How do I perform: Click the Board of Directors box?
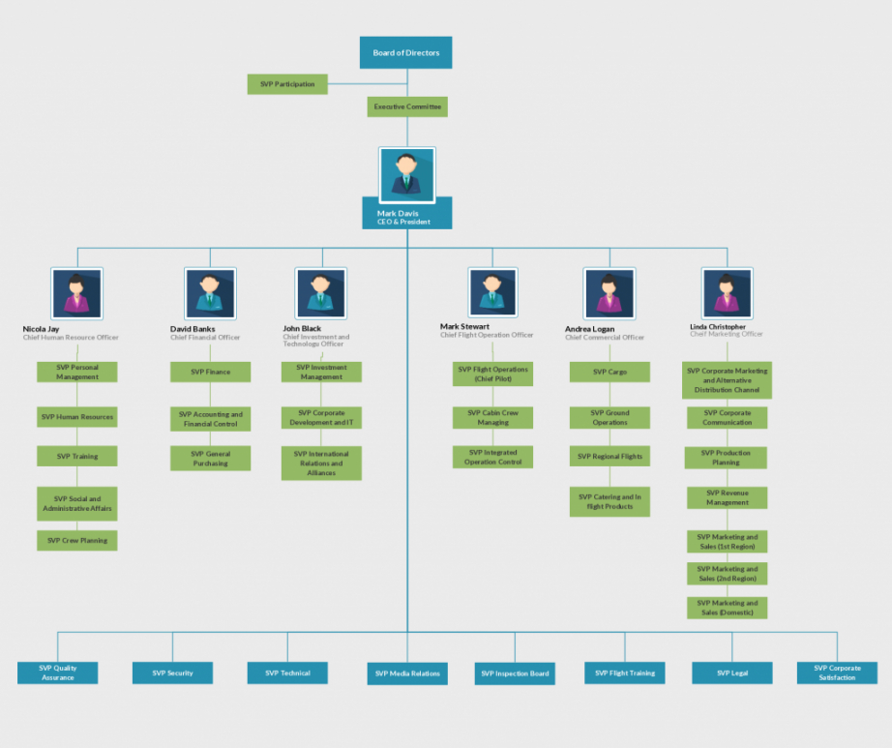tap(405, 52)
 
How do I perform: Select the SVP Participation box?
tap(287, 84)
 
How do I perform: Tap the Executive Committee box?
tap(407, 106)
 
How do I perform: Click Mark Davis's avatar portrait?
tap(407, 172)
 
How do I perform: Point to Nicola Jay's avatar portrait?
tap(77, 292)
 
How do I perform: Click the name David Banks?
tap(193, 329)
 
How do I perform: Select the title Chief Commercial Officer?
tap(605, 338)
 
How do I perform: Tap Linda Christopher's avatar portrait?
tap(727, 292)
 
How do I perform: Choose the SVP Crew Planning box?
tap(77, 540)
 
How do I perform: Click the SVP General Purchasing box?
tap(211, 459)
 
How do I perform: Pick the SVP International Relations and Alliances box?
tap(321, 464)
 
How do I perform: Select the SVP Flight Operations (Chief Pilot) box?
tap(492, 374)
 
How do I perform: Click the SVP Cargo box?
tap(610, 372)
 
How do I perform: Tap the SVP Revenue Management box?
tap(727, 497)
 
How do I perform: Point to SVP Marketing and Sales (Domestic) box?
tap(727, 608)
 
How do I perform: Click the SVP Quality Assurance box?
tap(58, 673)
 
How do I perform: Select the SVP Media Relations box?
tap(407, 673)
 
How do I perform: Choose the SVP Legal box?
tap(732, 673)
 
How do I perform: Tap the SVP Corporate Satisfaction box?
tap(837, 673)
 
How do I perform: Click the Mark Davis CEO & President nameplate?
tap(407, 217)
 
